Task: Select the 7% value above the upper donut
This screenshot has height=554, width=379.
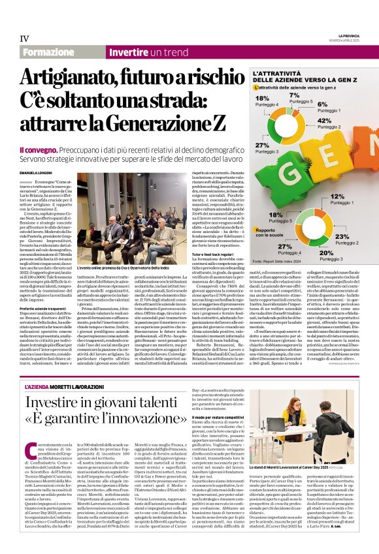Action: pos(294,95)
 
